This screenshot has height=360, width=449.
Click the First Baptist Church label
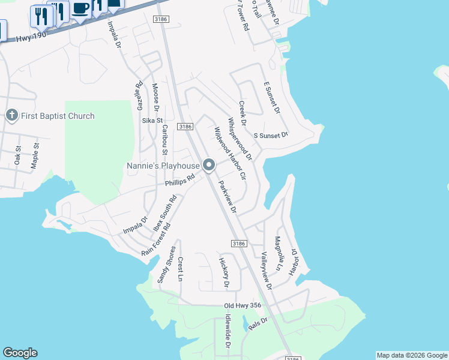(58, 116)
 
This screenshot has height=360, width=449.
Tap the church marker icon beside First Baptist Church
(11, 115)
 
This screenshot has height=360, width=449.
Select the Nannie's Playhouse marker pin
(209, 164)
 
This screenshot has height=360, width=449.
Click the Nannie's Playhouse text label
(162, 165)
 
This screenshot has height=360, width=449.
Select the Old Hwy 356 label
(244, 306)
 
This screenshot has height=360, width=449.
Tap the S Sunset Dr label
(271, 136)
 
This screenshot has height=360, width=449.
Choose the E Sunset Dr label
(271, 98)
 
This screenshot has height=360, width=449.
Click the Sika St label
(148, 121)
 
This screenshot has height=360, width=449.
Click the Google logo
(20, 353)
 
